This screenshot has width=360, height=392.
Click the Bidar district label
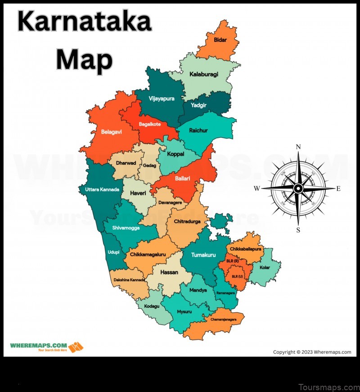(x=220, y=40)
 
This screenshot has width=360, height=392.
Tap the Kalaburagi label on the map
(x=203, y=74)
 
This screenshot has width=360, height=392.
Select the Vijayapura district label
(x=162, y=98)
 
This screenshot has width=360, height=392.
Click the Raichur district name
(x=198, y=131)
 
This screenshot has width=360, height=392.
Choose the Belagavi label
(x=110, y=132)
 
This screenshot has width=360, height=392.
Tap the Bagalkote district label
(x=150, y=124)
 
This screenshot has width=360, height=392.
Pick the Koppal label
(x=176, y=154)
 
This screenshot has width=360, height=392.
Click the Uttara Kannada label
(x=102, y=189)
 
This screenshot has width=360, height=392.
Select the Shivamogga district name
(x=126, y=228)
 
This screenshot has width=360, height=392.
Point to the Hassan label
(x=169, y=272)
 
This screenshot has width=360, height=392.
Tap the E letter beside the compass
(x=338, y=189)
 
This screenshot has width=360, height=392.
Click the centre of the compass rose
(x=298, y=188)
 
